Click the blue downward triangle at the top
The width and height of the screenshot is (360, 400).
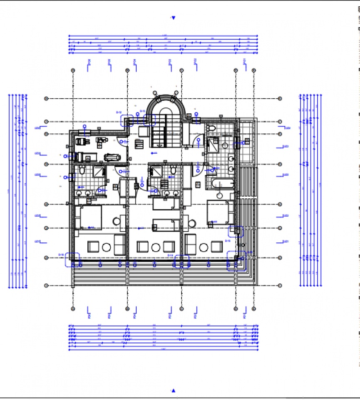pos(174,18)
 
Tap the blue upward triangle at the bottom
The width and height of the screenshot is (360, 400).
pos(174,390)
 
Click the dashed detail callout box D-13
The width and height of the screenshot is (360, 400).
pos(149,120)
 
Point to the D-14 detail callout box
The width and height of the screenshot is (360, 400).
pos(181,260)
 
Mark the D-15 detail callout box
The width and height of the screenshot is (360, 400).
pos(236,231)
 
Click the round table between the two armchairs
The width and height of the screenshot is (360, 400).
pos(156,247)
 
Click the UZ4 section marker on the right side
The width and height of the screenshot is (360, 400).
pos(286,128)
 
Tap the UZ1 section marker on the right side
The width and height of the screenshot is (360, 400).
pos(286,242)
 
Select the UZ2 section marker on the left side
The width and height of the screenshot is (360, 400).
pos(37,216)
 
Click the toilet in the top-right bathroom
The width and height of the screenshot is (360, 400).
pos(211,128)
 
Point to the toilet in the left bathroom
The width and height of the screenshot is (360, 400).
pos(82,170)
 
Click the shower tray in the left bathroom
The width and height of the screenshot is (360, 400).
pos(99,172)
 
